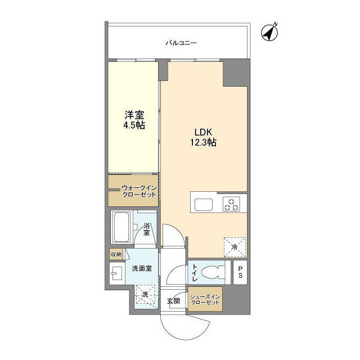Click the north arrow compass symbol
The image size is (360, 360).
(x=271, y=33)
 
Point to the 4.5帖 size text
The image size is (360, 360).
(x=133, y=125)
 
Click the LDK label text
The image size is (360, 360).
(x=203, y=132)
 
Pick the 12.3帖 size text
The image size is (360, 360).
(x=203, y=143)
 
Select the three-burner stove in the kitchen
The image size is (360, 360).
(x=231, y=204)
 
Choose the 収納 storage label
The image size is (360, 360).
(x=116, y=254)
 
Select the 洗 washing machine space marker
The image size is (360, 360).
(x=145, y=295)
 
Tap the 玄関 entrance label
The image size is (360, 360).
(x=173, y=301)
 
